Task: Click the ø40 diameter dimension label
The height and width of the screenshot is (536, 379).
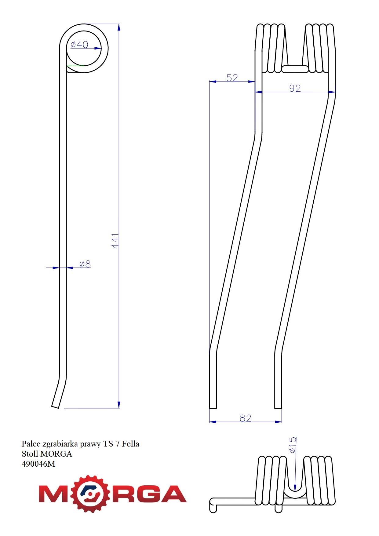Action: pyautogui.click(x=79, y=45)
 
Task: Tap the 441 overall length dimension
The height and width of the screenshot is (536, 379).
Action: pyautogui.click(x=115, y=241)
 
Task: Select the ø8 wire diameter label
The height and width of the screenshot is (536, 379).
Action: pyautogui.click(x=85, y=264)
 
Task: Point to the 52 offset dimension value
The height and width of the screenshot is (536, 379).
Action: pyautogui.click(x=232, y=78)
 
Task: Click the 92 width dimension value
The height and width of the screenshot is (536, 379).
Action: pyautogui.click(x=295, y=88)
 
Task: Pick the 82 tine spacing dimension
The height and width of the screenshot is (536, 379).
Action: pyautogui.click(x=246, y=418)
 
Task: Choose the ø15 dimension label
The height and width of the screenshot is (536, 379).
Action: pyautogui.click(x=292, y=445)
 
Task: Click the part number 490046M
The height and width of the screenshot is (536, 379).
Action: pyautogui.click(x=38, y=464)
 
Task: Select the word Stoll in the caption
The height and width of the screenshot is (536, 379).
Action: pyautogui.click(x=30, y=454)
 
